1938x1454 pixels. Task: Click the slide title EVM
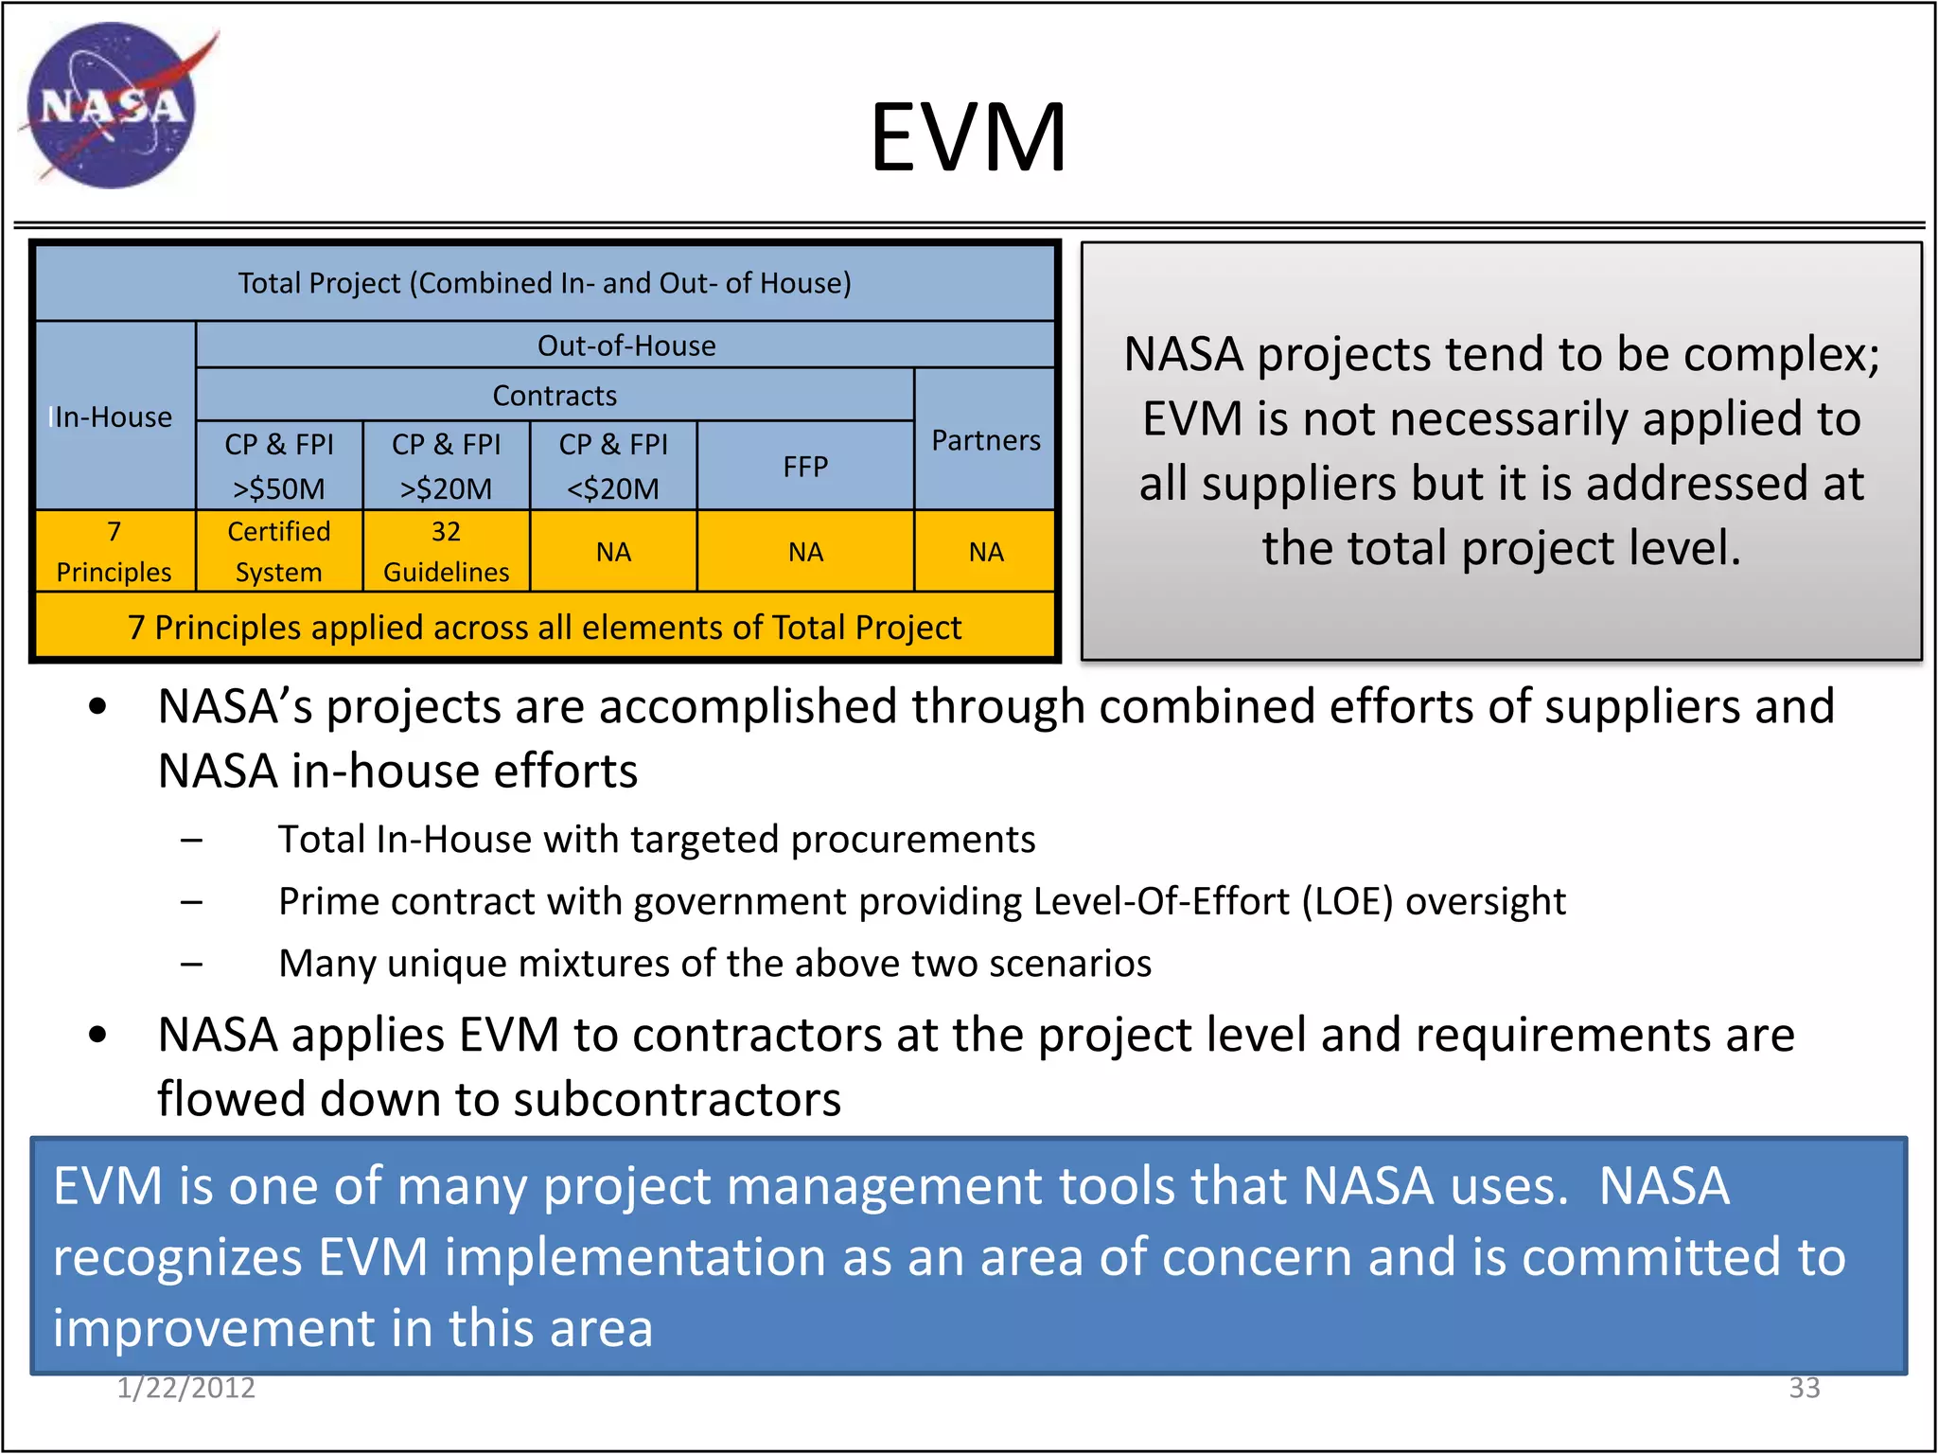point(968,138)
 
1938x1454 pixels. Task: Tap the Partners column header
point(985,440)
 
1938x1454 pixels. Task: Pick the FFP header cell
point(805,466)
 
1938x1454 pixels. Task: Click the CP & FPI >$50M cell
point(279,466)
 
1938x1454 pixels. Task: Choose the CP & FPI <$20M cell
point(613,466)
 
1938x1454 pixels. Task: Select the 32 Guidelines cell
point(446,551)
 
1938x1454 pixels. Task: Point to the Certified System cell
point(279,551)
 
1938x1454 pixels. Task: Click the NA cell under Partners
point(985,552)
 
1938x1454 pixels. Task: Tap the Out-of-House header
point(625,346)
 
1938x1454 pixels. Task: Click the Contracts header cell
point(555,395)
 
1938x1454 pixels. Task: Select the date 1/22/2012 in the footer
point(186,1388)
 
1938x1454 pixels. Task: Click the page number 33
point(1804,1388)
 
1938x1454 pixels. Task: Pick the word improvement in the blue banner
point(214,1327)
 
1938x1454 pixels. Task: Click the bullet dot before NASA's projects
point(97,707)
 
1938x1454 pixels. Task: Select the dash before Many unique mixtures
point(192,965)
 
